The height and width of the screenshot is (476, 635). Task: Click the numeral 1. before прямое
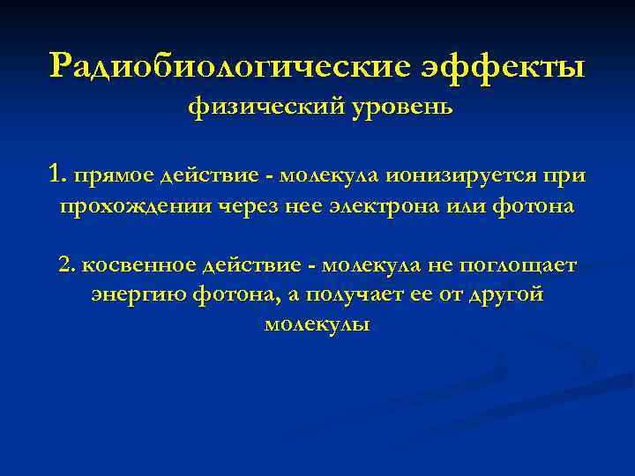[x=59, y=174]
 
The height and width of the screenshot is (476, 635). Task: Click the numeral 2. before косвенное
[x=65, y=264]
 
